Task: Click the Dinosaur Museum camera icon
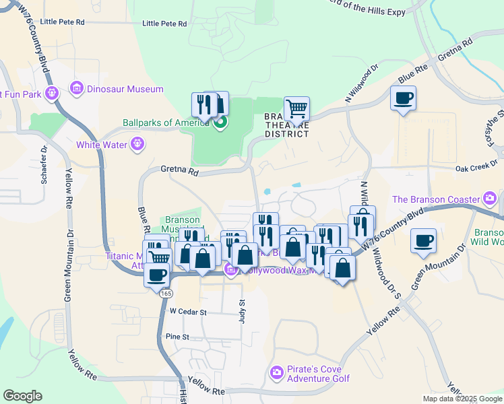[x=75, y=89]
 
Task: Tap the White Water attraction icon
[x=138, y=143]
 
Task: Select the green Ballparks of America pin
[x=219, y=123]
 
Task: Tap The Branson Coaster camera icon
[x=489, y=199]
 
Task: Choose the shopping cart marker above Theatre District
[x=296, y=108]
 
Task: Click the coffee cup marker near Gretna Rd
[x=404, y=98]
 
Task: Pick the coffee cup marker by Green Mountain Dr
[x=423, y=241]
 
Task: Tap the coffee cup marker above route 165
[x=158, y=275]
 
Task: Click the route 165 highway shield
[x=165, y=294]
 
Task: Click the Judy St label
[x=242, y=311]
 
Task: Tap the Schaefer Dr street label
[x=44, y=166]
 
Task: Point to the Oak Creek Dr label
[x=476, y=169]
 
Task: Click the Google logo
[x=22, y=396]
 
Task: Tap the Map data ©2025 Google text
[x=462, y=399]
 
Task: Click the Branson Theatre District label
[x=286, y=125]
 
